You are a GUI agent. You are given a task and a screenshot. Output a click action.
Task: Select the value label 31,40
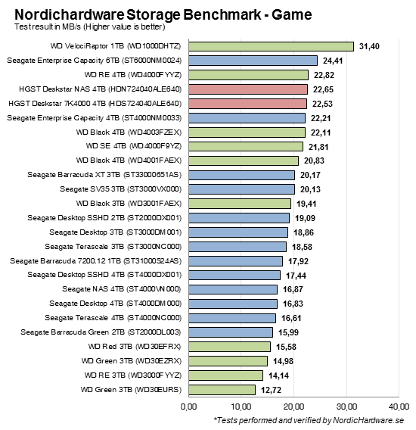coord(371,46)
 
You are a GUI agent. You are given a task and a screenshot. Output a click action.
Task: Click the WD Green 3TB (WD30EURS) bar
coord(222,389)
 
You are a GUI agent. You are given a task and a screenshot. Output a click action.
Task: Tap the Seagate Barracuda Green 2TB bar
coord(230,332)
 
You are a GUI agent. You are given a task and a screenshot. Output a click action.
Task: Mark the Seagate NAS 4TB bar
coord(232,289)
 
